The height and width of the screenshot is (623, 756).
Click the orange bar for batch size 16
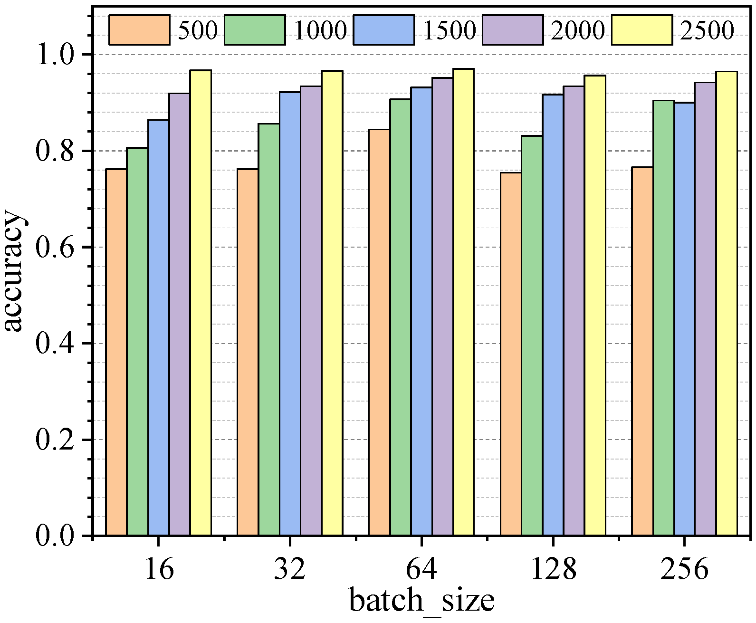click(x=116, y=352)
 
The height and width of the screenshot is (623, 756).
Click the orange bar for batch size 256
click(x=642, y=351)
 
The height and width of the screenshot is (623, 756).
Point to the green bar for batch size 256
click(x=663, y=318)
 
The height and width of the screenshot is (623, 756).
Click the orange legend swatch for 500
click(x=139, y=30)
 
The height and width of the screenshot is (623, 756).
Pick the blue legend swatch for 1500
click(x=383, y=30)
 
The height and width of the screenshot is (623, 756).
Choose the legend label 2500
click(x=707, y=30)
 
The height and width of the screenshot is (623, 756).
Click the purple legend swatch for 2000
click(x=513, y=30)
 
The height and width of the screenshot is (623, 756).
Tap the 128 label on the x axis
click(x=553, y=569)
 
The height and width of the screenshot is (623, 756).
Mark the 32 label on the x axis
click(x=289, y=569)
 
